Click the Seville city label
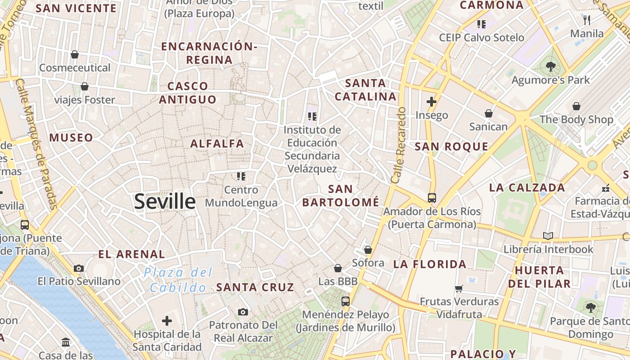tap(165, 202)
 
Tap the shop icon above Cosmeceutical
tap(75, 54)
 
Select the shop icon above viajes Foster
tap(85, 86)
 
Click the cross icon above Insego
tap(432, 102)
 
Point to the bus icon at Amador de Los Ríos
tap(432, 198)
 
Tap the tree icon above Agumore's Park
tap(550, 67)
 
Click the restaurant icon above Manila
tap(587, 20)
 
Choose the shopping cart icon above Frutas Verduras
tap(459, 288)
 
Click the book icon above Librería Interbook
tap(548, 236)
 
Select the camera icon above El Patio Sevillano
tap(79, 269)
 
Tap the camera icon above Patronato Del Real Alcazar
tap(243, 312)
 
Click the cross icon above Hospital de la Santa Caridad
tap(167, 321)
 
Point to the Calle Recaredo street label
tap(399, 145)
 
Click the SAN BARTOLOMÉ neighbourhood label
tap(341, 196)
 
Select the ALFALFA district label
tap(217, 144)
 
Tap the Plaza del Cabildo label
tap(178, 280)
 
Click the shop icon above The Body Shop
tap(576, 106)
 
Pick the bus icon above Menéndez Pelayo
tap(346, 301)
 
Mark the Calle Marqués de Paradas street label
tap(37, 144)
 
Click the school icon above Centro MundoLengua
tap(241, 176)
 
